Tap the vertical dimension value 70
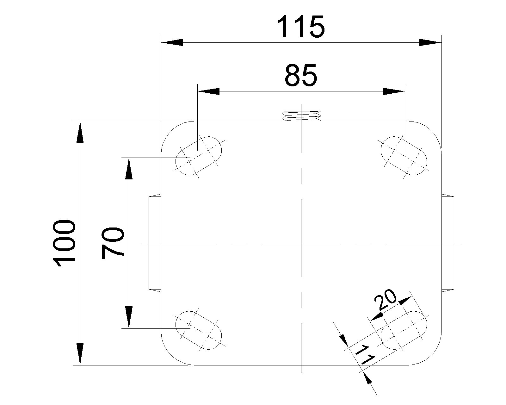click(113, 243)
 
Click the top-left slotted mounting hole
click(199, 156)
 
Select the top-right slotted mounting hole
click(404, 156)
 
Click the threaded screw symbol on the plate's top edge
click(302, 116)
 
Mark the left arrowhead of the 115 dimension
click(172, 42)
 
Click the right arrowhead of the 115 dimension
click(430, 42)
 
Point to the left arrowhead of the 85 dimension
click(208, 91)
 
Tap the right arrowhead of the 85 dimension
click(394, 91)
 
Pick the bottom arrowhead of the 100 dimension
click(80, 354)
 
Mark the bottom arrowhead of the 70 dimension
click(129, 317)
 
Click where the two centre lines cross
click(302, 243)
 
